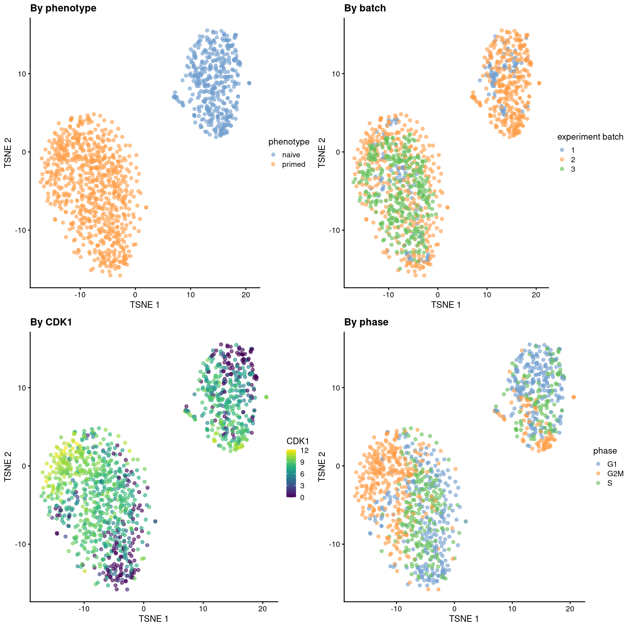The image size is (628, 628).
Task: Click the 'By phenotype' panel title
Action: point(63,8)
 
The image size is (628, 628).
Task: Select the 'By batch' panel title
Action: point(365,8)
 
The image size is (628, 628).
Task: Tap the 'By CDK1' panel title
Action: point(51,322)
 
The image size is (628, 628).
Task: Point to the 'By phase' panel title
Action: point(366,322)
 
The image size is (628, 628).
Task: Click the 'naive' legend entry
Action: point(291,155)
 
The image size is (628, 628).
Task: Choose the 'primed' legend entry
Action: point(293,164)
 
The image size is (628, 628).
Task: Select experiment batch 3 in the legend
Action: point(573,169)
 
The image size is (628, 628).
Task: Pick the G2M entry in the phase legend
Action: point(615,473)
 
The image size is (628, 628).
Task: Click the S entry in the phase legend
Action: point(610,483)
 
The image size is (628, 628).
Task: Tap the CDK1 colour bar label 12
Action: point(304,450)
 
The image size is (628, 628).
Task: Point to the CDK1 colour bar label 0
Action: point(302,497)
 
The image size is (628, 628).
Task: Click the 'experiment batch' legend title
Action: point(590,137)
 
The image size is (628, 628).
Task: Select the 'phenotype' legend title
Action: point(289,142)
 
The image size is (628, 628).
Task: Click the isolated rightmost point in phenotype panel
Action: point(249,83)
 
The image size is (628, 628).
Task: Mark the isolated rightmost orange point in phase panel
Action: point(573,397)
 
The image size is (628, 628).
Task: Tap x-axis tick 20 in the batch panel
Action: point(536,295)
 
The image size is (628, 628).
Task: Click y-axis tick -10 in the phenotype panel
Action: point(20,230)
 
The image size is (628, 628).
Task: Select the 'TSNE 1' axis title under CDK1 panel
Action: point(153,619)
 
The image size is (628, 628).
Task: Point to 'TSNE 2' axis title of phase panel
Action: point(322,466)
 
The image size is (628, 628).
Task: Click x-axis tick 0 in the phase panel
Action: point(454,609)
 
